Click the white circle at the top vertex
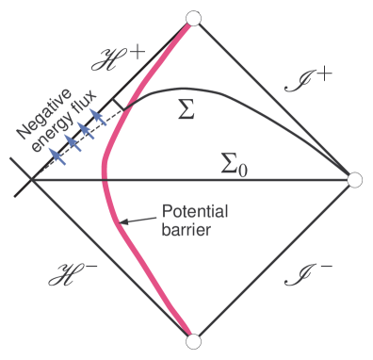[194, 18]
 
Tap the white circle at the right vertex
[354, 179]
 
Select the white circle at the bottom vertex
[194, 340]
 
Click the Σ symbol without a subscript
[187, 111]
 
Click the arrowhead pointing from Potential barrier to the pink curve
[122, 222]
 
